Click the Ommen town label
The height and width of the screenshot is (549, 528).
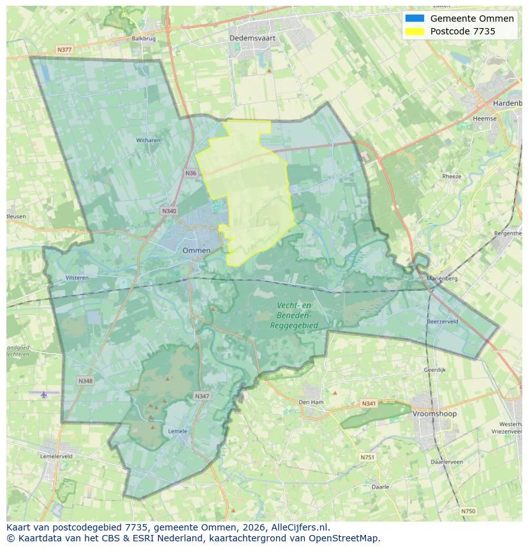(x=196, y=251)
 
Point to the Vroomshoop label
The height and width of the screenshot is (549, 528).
(x=435, y=414)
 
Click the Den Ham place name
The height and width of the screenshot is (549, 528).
(x=311, y=402)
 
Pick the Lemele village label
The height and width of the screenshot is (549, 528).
(x=177, y=431)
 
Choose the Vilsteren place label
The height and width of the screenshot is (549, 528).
(x=77, y=278)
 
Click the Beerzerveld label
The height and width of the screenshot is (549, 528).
(x=443, y=322)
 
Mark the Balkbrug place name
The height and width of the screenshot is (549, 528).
(x=143, y=38)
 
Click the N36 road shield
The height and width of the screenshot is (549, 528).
(x=191, y=173)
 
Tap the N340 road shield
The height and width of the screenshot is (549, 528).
(x=169, y=211)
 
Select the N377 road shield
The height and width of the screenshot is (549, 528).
(x=64, y=49)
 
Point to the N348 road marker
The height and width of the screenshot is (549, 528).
(x=85, y=381)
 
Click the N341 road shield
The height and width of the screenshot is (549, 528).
(x=369, y=404)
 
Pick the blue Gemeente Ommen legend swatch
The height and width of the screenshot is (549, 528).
(x=414, y=18)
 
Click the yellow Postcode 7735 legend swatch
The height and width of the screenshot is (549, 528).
(x=414, y=31)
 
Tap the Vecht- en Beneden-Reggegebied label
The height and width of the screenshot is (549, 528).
(x=294, y=316)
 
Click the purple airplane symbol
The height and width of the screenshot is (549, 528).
(x=43, y=395)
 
